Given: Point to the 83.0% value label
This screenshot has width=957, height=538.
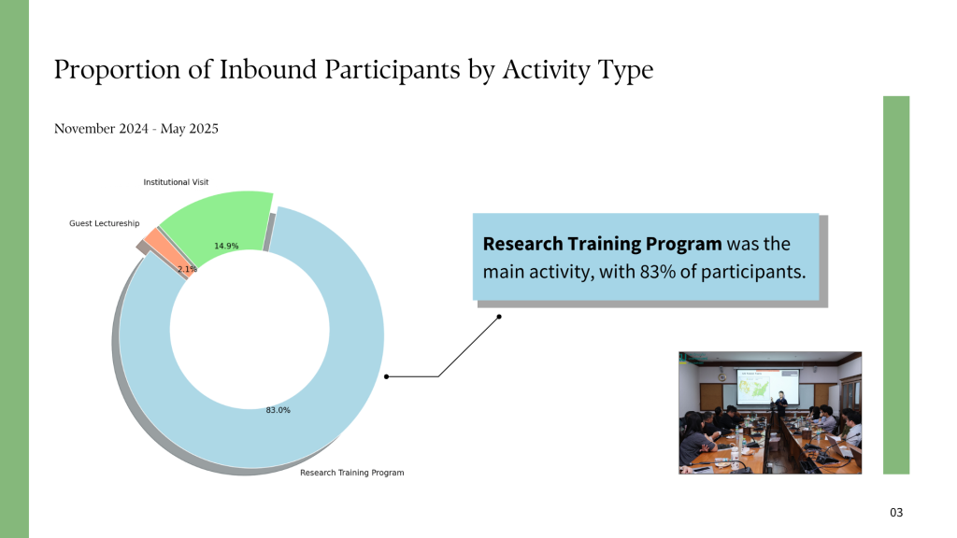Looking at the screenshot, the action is [279, 411].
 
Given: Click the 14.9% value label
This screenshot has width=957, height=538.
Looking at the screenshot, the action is [226, 247].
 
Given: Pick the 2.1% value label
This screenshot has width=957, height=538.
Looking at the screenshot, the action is [187, 269].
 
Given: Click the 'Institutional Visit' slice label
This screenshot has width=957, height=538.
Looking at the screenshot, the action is [176, 182].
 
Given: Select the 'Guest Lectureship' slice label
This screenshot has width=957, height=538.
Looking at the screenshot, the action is [105, 223].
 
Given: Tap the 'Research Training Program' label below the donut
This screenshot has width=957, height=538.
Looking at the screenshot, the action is [352, 473].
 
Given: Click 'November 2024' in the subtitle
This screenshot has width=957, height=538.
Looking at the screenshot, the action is [101, 129].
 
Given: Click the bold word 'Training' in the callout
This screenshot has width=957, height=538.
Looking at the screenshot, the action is [605, 244].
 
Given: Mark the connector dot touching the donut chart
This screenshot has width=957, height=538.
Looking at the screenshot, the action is [386, 377].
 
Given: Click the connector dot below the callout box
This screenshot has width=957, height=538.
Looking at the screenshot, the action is [499, 317].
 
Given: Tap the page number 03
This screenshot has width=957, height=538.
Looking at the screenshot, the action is [896, 513].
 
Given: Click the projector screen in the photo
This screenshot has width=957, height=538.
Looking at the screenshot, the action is [767, 388].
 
